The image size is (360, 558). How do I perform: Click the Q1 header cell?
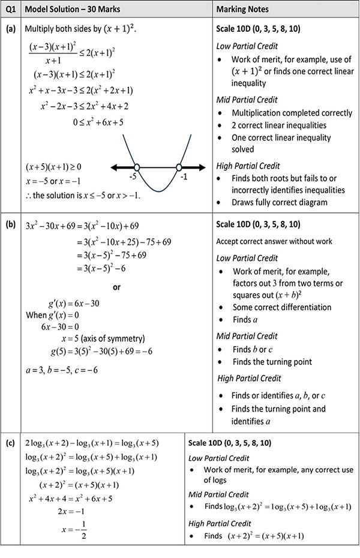coord(10,10)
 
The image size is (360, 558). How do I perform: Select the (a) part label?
coord(10,29)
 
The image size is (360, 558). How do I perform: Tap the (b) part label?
coord(10,226)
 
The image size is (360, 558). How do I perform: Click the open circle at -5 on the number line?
coord(137,167)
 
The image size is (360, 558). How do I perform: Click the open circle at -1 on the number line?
coord(179,167)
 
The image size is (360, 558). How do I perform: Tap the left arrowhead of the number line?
coord(113,167)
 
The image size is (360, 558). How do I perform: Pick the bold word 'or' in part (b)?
coord(117,287)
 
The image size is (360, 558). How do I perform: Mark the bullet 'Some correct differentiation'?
coord(282,307)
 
